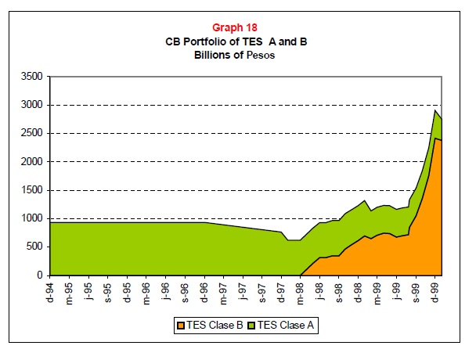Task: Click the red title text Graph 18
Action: coord(236,27)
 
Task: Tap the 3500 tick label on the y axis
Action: coord(31,77)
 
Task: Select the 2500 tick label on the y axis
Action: coord(31,134)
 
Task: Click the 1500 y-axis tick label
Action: coord(31,190)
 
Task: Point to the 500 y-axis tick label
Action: coord(34,247)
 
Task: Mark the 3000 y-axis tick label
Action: coord(31,105)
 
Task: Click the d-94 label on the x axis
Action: coord(50,290)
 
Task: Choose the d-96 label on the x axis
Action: coord(204,290)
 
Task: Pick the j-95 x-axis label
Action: coord(88,290)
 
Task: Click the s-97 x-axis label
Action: coord(261,290)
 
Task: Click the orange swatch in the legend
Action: coord(182,324)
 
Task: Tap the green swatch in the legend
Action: coord(251,324)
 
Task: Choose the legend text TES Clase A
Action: coord(283,324)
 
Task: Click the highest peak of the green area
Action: coord(435,110)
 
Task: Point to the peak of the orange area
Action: coord(435,139)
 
